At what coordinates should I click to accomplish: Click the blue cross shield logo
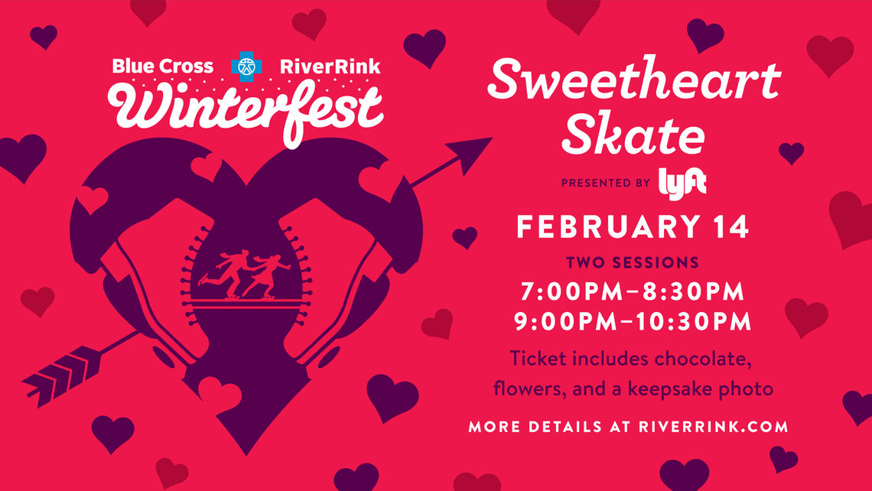click(x=246, y=67)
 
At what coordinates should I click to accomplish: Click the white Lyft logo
click(x=682, y=184)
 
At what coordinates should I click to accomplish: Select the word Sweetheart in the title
click(x=634, y=79)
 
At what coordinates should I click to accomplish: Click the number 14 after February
click(x=730, y=227)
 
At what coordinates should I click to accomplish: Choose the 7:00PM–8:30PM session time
click(x=633, y=292)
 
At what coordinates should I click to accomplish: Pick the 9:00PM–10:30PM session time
click(x=633, y=322)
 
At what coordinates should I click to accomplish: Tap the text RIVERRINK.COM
click(x=714, y=427)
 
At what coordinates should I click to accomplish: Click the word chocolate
click(x=703, y=358)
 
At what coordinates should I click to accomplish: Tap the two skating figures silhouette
click(x=245, y=274)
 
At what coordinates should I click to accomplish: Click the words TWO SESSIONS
click(x=633, y=262)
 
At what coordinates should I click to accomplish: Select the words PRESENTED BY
click(x=606, y=183)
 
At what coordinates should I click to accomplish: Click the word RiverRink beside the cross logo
click(x=330, y=67)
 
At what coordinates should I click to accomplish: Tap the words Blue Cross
click(x=162, y=67)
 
